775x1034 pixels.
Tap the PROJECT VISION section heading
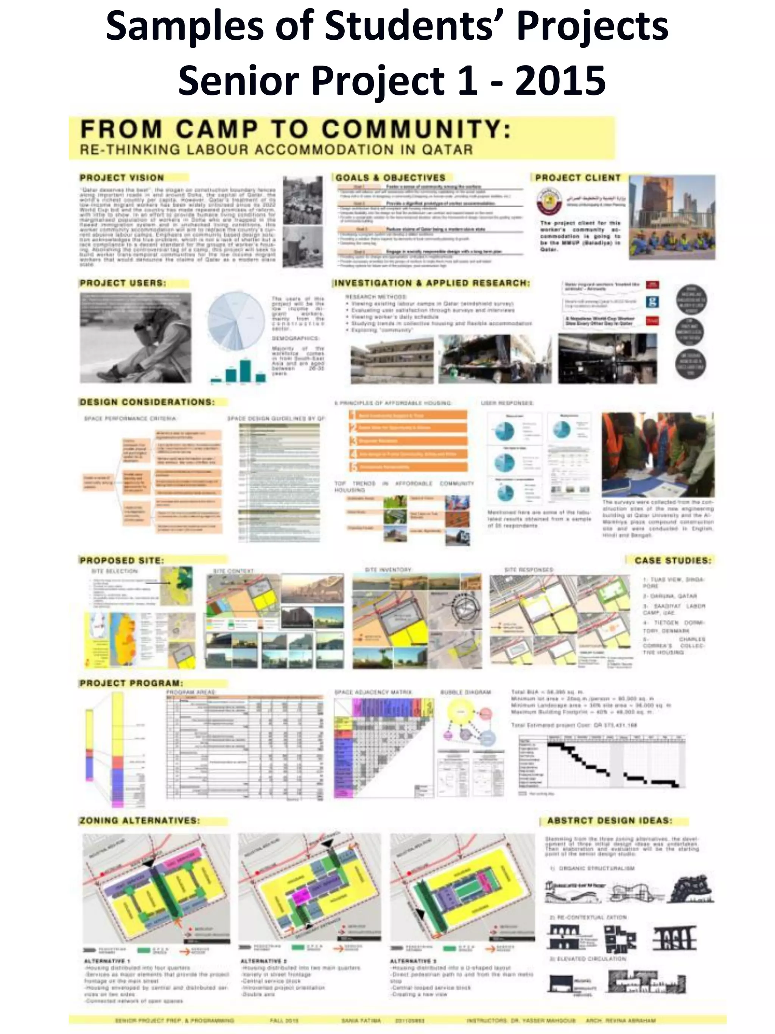click(x=121, y=178)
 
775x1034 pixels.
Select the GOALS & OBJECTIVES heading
click(x=390, y=178)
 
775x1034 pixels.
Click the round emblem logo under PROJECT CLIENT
click(x=548, y=200)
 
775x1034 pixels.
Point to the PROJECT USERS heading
click(x=122, y=283)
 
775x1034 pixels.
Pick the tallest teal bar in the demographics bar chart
click(x=245, y=370)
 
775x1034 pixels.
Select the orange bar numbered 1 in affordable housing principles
click(x=408, y=415)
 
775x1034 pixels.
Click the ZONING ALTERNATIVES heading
click(x=139, y=820)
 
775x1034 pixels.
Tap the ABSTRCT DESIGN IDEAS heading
click(x=610, y=820)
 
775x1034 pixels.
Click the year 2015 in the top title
click(x=560, y=80)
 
